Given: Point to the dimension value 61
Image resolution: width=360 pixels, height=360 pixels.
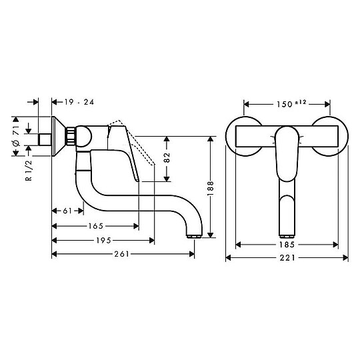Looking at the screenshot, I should tap(67, 211).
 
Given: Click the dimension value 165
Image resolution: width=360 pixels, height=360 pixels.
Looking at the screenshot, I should tap(94, 226).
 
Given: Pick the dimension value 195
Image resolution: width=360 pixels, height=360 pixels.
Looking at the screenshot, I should tap(102, 240).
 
